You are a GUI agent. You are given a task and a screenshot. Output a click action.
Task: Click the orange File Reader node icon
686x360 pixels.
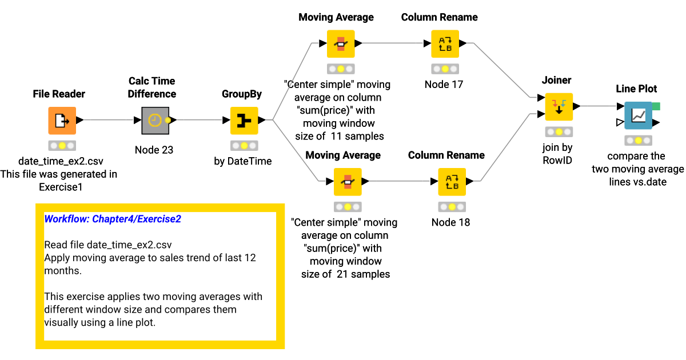(x=62, y=121)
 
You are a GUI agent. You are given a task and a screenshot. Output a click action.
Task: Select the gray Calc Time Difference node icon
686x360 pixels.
(x=154, y=121)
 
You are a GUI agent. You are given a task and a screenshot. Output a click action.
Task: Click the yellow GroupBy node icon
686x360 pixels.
(x=244, y=121)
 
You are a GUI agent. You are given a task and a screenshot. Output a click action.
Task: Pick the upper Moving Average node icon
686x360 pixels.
(x=341, y=43)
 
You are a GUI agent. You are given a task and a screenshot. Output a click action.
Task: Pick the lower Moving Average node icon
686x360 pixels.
(x=348, y=182)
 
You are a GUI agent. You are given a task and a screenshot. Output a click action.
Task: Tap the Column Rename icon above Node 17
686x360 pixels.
(x=445, y=43)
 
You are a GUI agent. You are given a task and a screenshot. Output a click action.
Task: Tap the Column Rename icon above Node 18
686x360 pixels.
(x=452, y=182)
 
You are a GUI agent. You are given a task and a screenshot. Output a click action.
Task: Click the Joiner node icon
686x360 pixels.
(x=557, y=106)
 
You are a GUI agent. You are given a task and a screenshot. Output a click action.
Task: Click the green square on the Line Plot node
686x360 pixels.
(x=656, y=106)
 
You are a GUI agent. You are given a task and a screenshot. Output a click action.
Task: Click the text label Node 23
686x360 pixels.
(x=154, y=150)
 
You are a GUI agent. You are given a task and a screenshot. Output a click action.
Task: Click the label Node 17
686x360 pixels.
(x=444, y=85)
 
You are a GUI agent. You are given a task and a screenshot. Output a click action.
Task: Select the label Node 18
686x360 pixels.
(x=450, y=222)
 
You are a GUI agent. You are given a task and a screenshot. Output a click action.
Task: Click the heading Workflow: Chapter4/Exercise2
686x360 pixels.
(x=113, y=219)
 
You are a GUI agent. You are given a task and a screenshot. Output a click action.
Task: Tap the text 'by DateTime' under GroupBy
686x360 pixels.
(x=243, y=161)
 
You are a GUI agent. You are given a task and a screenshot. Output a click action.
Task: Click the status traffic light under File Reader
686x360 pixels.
(x=62, y=145)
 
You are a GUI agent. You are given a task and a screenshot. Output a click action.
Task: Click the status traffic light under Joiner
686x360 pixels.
(x=557, y=131)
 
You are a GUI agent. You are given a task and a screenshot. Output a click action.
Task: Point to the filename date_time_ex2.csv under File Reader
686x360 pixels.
(x=61, y=161)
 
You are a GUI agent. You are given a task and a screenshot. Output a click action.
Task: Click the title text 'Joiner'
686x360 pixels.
(x=556, y=81)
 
